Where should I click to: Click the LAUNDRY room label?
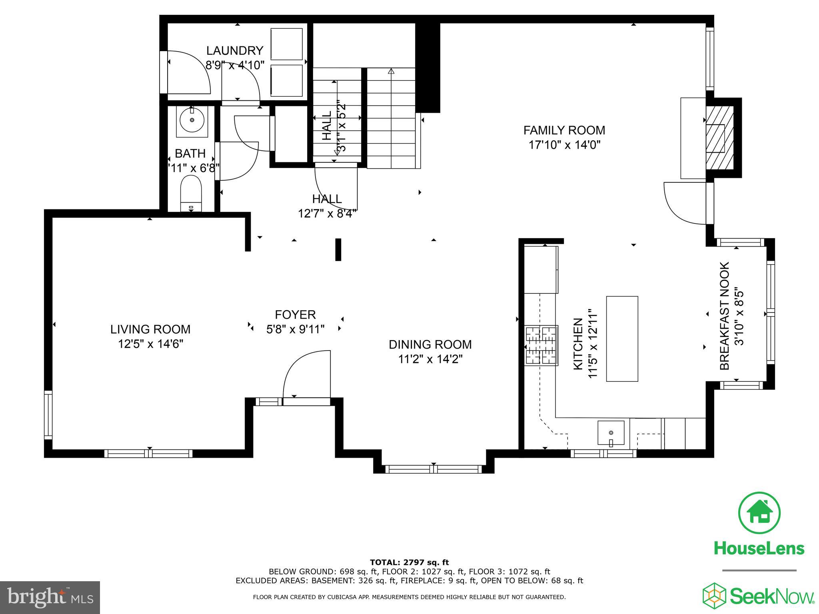(x=235, y=51)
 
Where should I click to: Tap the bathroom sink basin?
(x=192, y=120)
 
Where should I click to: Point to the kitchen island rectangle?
(x=622, y=339)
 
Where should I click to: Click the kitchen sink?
(x=611, y=433)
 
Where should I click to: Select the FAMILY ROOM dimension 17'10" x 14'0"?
(x=564, y=145)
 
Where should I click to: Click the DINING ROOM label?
(x=430, y=344)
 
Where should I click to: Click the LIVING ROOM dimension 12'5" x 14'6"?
(x=150, y=344)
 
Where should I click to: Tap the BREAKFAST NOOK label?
(x=725, y=316)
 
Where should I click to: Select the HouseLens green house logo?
(x=759, y=513)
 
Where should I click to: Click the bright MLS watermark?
(x=50, y=598)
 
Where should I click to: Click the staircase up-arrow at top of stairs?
(x=391, y=72)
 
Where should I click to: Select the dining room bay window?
(x=433, y=469)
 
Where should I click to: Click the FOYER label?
(x=295, y=315)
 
